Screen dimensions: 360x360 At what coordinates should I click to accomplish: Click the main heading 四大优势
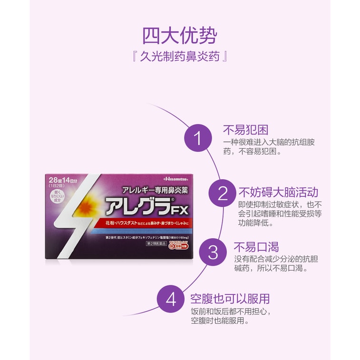point(180,36)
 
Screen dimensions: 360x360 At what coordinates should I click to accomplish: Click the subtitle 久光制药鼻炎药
point(180,57)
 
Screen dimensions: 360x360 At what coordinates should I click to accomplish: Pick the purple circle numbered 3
point(213,251)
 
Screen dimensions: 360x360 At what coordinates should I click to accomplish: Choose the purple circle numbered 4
point(171,300)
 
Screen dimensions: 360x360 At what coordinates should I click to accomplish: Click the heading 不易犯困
point(246,130)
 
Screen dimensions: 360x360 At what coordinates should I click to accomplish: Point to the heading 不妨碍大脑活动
point(278,192)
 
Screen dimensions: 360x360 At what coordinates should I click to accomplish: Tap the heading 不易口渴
point(256,247)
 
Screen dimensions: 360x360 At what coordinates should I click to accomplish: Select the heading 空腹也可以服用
point(230,299)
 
